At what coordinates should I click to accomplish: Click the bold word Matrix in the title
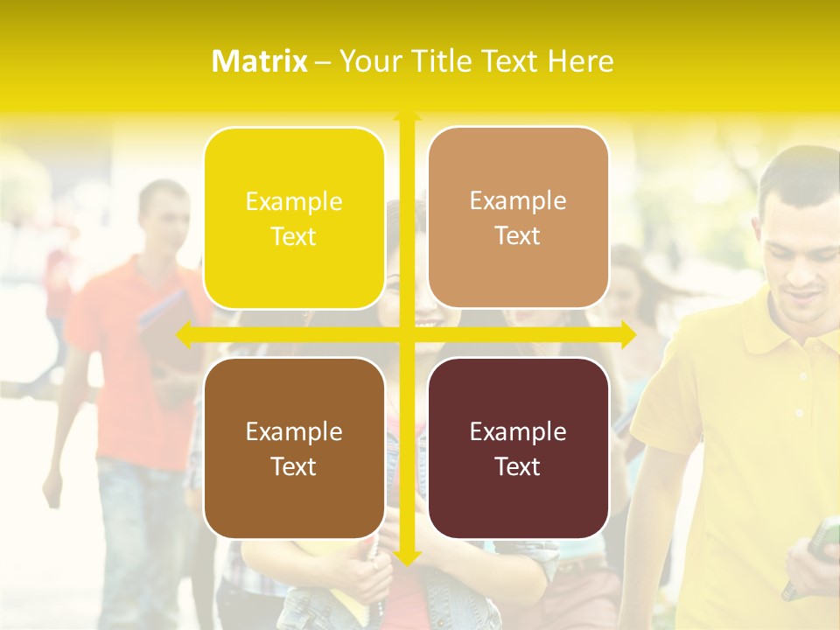point(259,61)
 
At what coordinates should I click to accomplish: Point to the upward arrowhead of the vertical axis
point(407,116)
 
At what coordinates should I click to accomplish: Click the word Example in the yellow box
point(294,202)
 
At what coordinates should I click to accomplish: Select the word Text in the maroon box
point(518,467)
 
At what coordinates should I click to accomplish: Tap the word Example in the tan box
point(518,201)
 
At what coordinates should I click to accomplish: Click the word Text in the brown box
point(294,467)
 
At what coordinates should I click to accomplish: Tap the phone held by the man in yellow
point(822,538)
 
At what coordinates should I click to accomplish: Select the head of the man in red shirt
point(164,214)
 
